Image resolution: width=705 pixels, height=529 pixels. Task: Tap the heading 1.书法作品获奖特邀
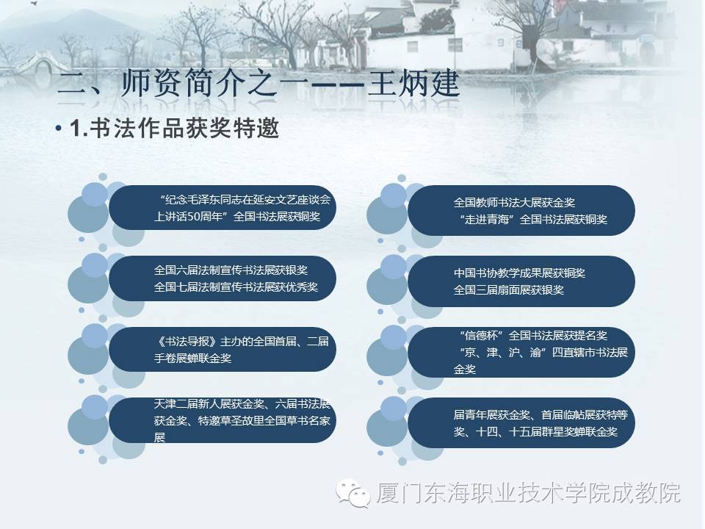[x=175, y=129]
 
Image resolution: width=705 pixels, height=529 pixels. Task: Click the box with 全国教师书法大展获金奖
[x=521, y=210]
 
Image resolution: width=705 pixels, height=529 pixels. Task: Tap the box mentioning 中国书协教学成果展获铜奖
[x=521, y=281]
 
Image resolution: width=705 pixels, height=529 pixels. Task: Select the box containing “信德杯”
[x=521, y=352]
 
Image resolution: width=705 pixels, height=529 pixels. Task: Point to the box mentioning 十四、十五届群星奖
[x=521, y=423]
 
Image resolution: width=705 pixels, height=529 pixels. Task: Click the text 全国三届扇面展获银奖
[x=509, y=289]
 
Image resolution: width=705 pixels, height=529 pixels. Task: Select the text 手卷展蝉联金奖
[x=193, y=359]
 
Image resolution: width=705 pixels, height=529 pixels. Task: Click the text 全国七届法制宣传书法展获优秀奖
[x=236, y=287]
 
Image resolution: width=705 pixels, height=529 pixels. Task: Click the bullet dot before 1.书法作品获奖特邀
[x=58, y=129]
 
